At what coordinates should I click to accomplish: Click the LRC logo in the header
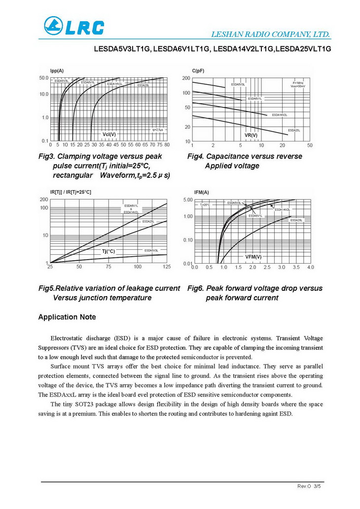73,26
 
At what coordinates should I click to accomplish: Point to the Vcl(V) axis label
109,134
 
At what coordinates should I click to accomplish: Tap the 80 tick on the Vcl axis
167,145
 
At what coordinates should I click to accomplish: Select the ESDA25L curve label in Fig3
143,86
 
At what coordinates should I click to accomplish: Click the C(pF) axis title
198,71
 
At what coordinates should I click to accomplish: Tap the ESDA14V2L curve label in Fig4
279,115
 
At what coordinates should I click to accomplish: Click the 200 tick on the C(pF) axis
186,78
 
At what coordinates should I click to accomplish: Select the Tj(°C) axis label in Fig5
108,251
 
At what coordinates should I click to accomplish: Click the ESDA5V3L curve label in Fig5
151,251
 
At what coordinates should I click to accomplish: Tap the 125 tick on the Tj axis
166,267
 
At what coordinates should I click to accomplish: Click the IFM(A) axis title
202,192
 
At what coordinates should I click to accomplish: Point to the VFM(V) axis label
253,257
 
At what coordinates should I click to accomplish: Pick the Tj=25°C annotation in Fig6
205,204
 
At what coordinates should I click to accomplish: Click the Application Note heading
67,317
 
